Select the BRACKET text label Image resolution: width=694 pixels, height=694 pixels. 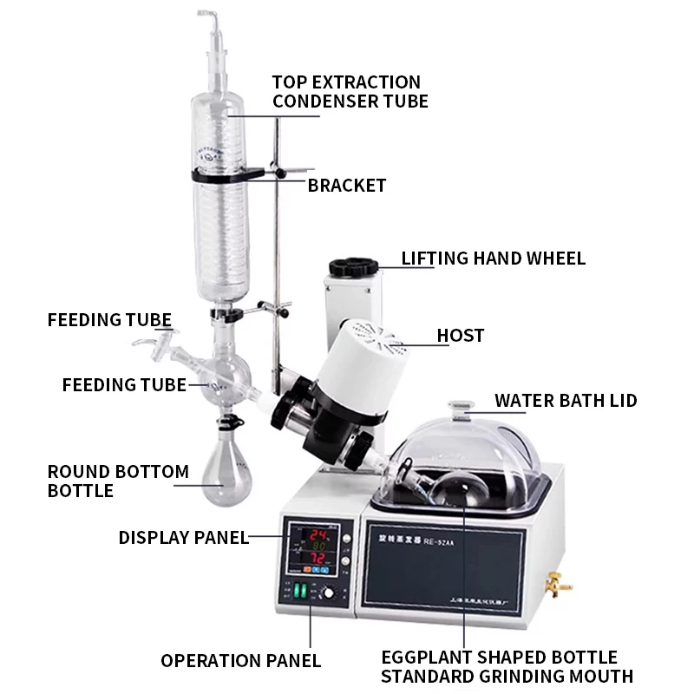pos(347,186)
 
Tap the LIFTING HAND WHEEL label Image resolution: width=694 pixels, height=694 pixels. pos(493,259)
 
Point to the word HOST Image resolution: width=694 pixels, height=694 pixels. pos(461,335)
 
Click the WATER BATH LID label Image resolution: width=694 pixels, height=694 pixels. pos(566,401)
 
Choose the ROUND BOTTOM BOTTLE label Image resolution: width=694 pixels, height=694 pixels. pos(118,481)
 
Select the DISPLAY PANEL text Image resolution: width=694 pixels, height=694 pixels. pos(184,538)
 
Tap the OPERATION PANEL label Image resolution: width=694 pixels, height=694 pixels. pos(241,661)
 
